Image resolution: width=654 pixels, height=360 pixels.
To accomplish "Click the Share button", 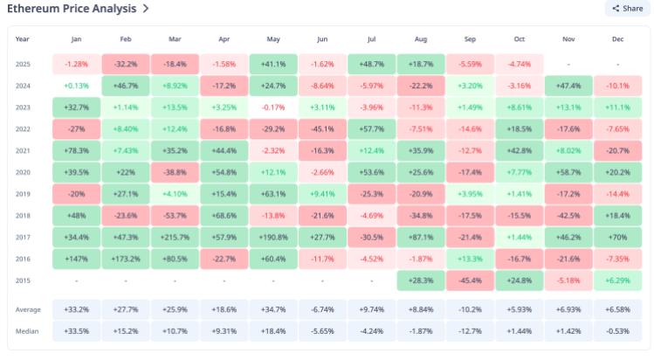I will [627, 9].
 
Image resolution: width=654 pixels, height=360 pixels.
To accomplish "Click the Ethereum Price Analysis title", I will [72, 9].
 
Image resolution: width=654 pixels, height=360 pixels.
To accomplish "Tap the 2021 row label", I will [24, 150].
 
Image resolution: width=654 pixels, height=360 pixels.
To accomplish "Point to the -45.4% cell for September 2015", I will [470, 280].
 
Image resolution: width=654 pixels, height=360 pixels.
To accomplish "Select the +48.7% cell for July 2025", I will [371, 64].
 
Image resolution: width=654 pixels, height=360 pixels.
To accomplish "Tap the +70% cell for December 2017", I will [618, 237].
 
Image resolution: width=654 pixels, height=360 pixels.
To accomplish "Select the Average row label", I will [28, 310].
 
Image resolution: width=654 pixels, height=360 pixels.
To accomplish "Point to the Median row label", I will [26, 332].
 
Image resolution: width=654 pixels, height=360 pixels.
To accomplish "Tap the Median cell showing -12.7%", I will [470, 332].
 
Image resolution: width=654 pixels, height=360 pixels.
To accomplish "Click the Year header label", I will [22, 39].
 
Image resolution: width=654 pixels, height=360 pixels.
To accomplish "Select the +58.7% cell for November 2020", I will [568, 172].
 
